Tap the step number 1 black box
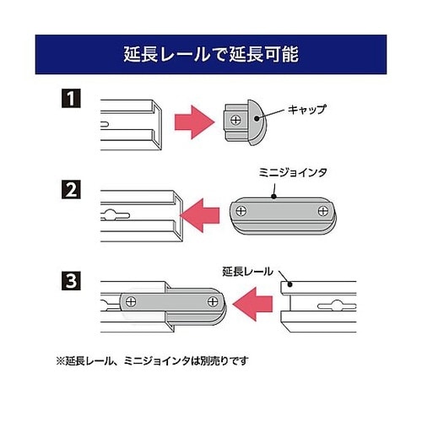pos(69,98)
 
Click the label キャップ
pos(306,110)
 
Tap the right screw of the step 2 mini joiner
pos(319,209)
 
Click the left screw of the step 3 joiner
pos(131,300)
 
